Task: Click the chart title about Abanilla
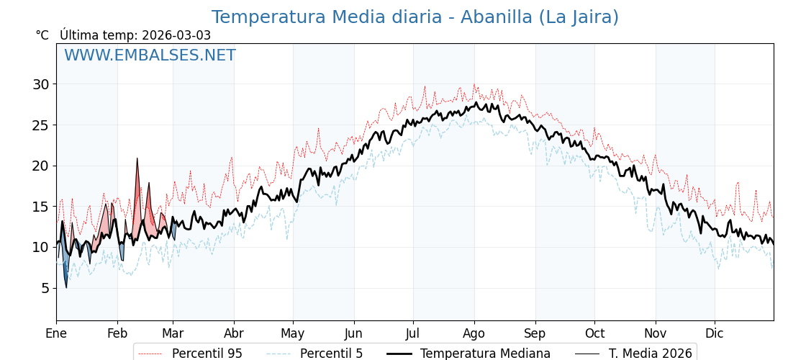click(415, 17)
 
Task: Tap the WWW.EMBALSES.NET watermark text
click(150, 55)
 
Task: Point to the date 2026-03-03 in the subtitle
click(176, 35)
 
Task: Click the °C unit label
click(42, 35)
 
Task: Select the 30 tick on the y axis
click(40, 84)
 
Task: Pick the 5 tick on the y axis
click(45, 288)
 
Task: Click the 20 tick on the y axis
click(40, 166)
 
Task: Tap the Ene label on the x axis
click(56, 333)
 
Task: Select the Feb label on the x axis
click(117, 333)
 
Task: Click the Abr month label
click(234, 333)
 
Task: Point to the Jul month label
click(413, 333)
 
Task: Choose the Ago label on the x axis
click(474, 333)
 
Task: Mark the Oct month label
click(594, 333)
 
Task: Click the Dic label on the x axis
click(715, 333)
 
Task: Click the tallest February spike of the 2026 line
click(137, 159)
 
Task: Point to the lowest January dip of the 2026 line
click(66, 287)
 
